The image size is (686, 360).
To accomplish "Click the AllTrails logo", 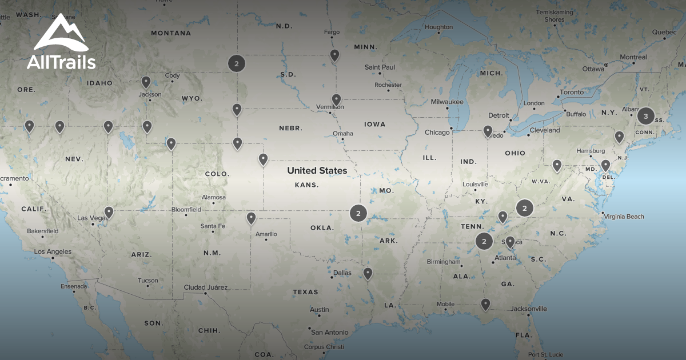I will tap(61, 43).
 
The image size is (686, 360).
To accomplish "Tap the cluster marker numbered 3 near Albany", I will tap(646, 116).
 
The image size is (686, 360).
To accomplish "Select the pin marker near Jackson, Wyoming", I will tap(146, 82).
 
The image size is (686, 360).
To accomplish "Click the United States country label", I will tap(317, 170).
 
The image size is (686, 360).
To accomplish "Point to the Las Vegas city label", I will tap(91, 218).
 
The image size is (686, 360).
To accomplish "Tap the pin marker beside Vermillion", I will tap(336, 100).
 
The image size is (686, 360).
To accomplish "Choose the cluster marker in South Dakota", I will tap(236, 63).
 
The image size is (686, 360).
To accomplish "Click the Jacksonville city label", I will tap(529, 309).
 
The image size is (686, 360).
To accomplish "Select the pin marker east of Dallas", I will tap(368, 274).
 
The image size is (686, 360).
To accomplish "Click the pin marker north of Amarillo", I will tap(251, 218).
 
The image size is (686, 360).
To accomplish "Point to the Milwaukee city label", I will tap(447, 102).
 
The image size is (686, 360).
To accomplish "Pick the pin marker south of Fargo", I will tap(334, 55).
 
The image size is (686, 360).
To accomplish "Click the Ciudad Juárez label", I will tap(205, 287).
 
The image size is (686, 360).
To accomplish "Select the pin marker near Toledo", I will tap(488, 131).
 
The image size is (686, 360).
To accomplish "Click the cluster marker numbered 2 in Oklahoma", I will tap(358, 214).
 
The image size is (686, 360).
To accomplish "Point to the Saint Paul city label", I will tap(380, 67).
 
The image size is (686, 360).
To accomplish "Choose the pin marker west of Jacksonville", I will tap(485, 305).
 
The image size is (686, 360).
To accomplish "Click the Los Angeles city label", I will tap(53, 251).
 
